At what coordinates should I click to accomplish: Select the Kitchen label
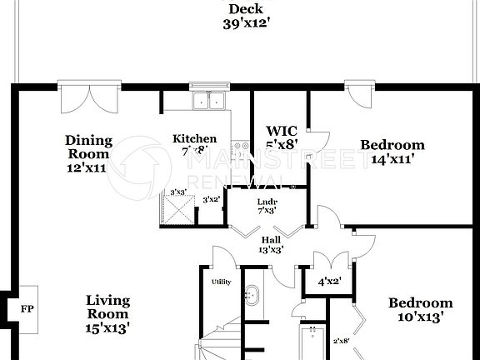click(195, 138)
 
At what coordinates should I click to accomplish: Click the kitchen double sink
click(209, 101)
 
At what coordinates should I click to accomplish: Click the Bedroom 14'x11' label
click(392, 151)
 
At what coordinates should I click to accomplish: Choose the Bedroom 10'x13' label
click(420, 309)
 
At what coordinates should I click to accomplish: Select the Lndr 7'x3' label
click(267, 207)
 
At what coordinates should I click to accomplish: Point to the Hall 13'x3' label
click(271, 244)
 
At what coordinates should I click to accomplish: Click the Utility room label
click(221, 282)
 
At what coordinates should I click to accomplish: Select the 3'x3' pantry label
click(177, 192)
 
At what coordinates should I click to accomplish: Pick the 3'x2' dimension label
click(211, 199)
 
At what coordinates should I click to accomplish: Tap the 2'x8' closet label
click(342, 341)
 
